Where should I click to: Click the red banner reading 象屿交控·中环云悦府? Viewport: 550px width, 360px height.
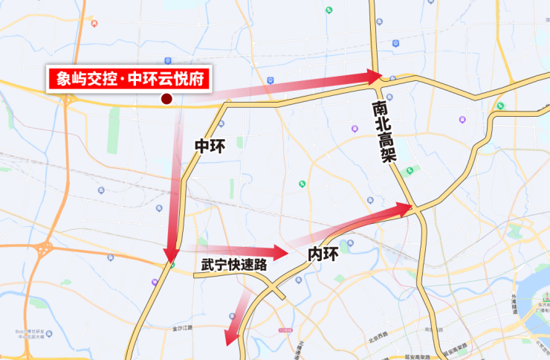click(x=129, y=78)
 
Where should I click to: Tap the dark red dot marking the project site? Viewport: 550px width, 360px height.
click(x=167, y=99)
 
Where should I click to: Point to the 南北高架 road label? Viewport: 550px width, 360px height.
click(x=385, y=132)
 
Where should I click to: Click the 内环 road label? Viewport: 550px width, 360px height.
click(x=323, y=254)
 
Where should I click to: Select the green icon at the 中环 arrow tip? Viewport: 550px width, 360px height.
click(x=172, y=264)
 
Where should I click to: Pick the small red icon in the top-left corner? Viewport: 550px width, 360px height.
click(x=94, y=23)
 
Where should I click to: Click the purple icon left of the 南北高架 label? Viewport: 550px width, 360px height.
click(x=355, y=128)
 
